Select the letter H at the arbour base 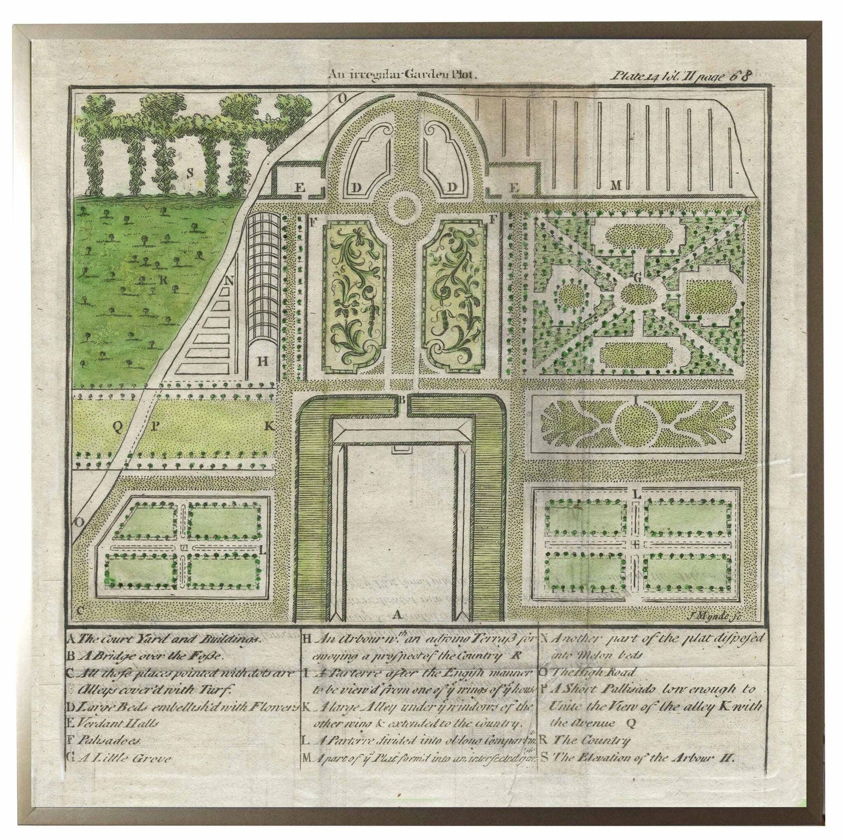coord(263,361)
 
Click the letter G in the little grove coord(638,279)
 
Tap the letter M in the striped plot coord(614,185)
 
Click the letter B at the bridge coord(401,400)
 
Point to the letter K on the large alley coord(269,426)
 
